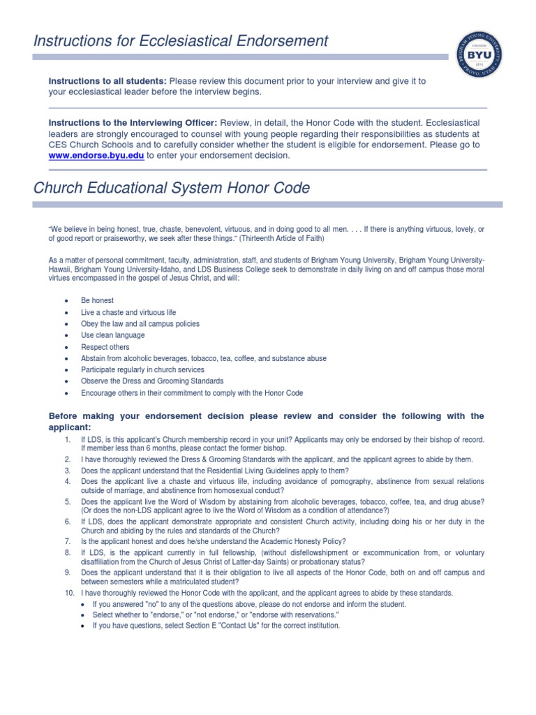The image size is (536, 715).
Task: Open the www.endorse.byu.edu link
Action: (x=96, y=156)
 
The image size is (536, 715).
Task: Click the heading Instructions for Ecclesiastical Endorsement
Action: (x=181, y=40)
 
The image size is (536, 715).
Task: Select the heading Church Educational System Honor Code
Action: (x=172, y=189)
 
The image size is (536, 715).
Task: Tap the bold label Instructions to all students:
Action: (x=107, y=81)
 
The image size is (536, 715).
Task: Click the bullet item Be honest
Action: (x=97, y=300)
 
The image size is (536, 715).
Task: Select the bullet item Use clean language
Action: (x=113, y=335)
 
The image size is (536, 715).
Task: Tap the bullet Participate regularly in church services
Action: (x=142, y=369)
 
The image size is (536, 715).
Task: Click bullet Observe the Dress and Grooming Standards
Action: (x=152, y=381)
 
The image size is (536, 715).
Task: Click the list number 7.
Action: (x=68, y=541)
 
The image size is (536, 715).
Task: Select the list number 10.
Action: (x=68, y=593)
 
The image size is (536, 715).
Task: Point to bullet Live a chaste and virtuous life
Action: (x=128, y=312)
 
